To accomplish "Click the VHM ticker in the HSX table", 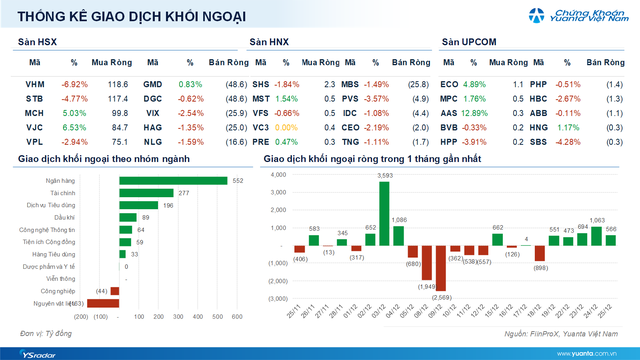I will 34,85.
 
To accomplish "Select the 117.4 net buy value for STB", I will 117,99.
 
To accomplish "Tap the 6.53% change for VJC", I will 75,127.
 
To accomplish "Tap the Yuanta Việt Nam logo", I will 572,16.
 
